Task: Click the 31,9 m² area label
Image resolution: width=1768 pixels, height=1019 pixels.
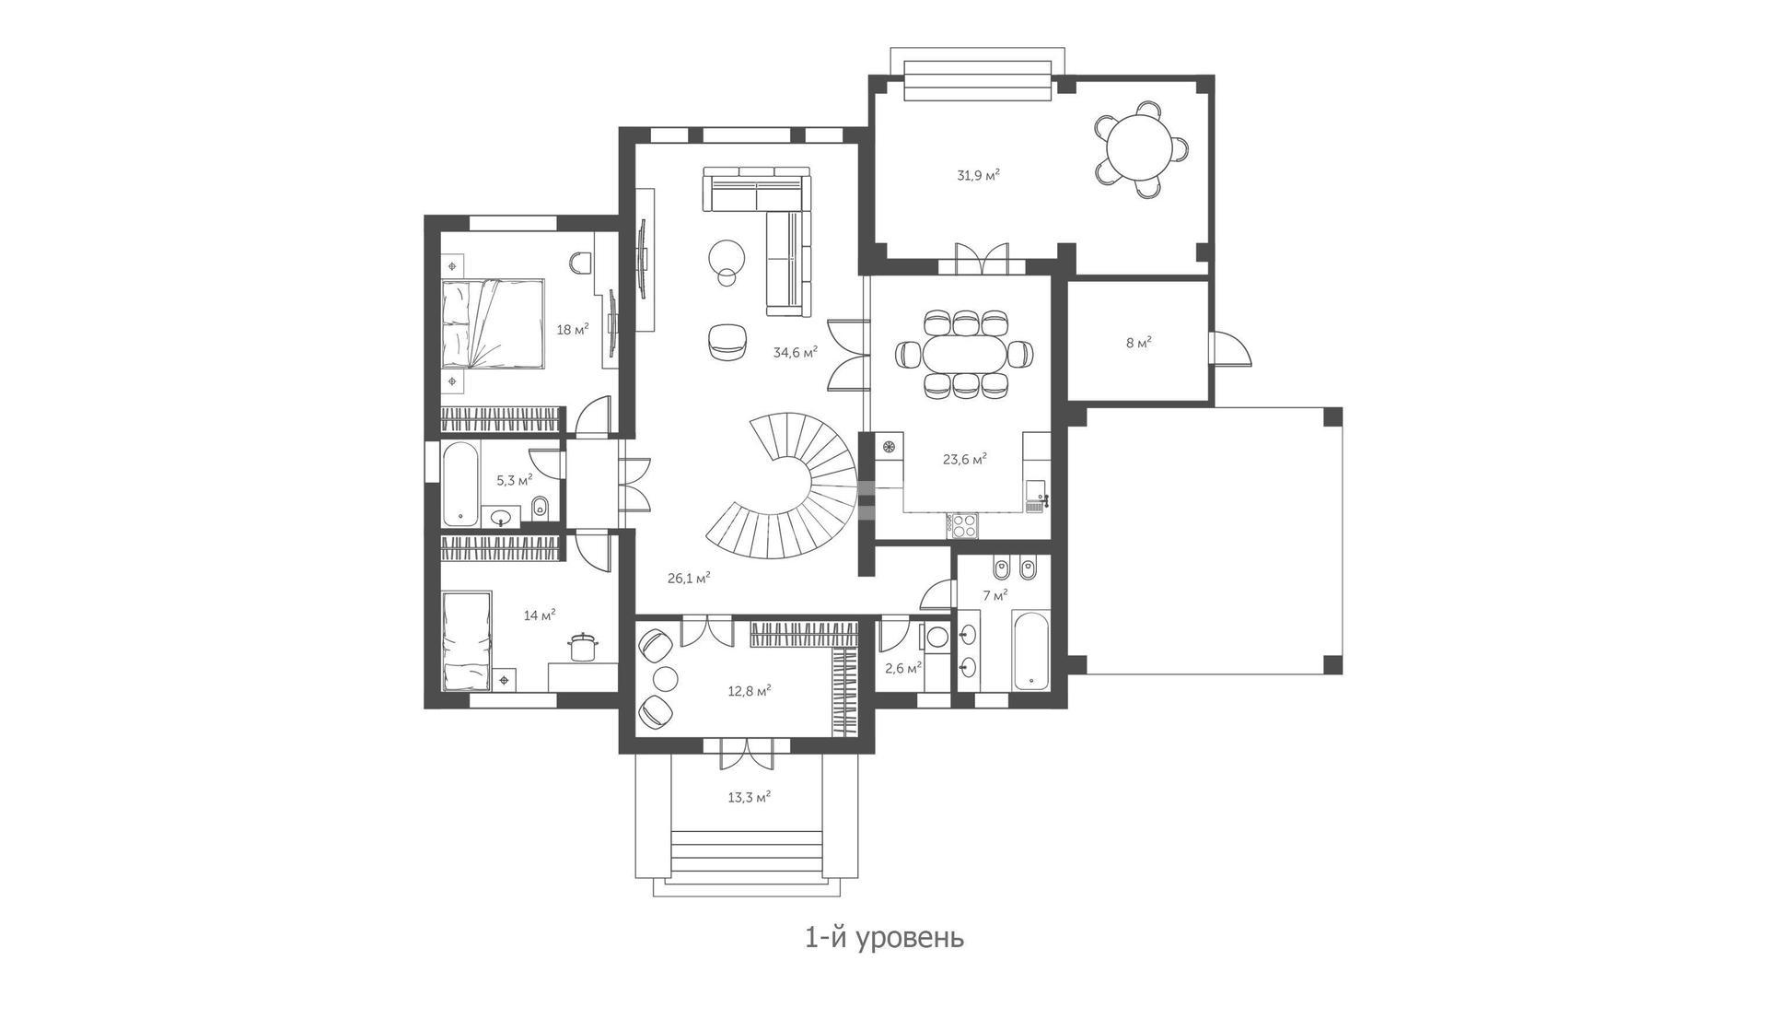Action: point(979,174)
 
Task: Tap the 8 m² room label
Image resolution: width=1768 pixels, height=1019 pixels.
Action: point(1138,343)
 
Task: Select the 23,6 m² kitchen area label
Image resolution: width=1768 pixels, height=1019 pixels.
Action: point(965,458)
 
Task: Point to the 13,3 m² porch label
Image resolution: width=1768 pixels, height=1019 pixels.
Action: point(749,797)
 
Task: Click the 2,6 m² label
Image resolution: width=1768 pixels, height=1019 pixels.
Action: point(902,668)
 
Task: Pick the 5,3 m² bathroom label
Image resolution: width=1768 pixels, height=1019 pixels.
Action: point(514,480)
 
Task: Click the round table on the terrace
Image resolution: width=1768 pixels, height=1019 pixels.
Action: point(1140,149)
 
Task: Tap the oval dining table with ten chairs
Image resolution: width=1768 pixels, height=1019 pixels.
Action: point(964,353)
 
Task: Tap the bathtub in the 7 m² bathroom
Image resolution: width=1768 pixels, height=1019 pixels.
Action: point(1030,650)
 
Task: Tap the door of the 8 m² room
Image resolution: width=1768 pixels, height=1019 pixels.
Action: point(1228,348)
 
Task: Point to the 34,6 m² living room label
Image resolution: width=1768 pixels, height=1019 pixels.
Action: point(796,351)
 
